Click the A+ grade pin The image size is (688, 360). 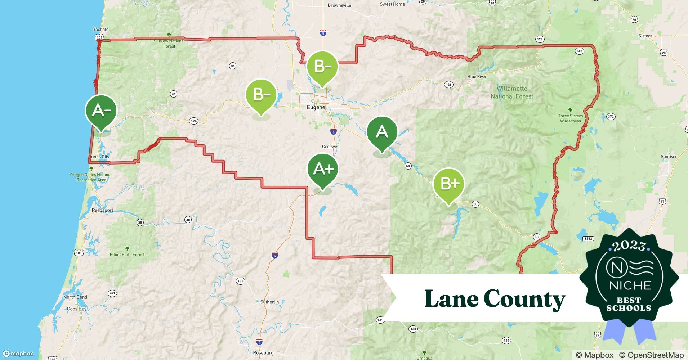323,169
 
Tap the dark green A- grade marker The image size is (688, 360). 101,111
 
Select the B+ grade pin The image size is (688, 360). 448,184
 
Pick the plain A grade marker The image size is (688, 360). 382,132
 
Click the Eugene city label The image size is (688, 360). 316,107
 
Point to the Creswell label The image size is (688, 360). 331,147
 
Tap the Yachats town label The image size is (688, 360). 100,30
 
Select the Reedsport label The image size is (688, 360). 102,210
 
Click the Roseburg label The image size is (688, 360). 263,353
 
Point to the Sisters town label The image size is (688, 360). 645,36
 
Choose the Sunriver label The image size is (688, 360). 669,157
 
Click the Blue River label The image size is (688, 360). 477,77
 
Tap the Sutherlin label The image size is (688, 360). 269,302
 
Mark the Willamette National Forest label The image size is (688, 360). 512,93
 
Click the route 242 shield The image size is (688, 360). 579,51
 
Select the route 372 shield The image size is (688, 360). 611,117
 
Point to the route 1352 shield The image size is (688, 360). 588,239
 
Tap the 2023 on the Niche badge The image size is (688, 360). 629,246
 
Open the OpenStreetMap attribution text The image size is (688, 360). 651,355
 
